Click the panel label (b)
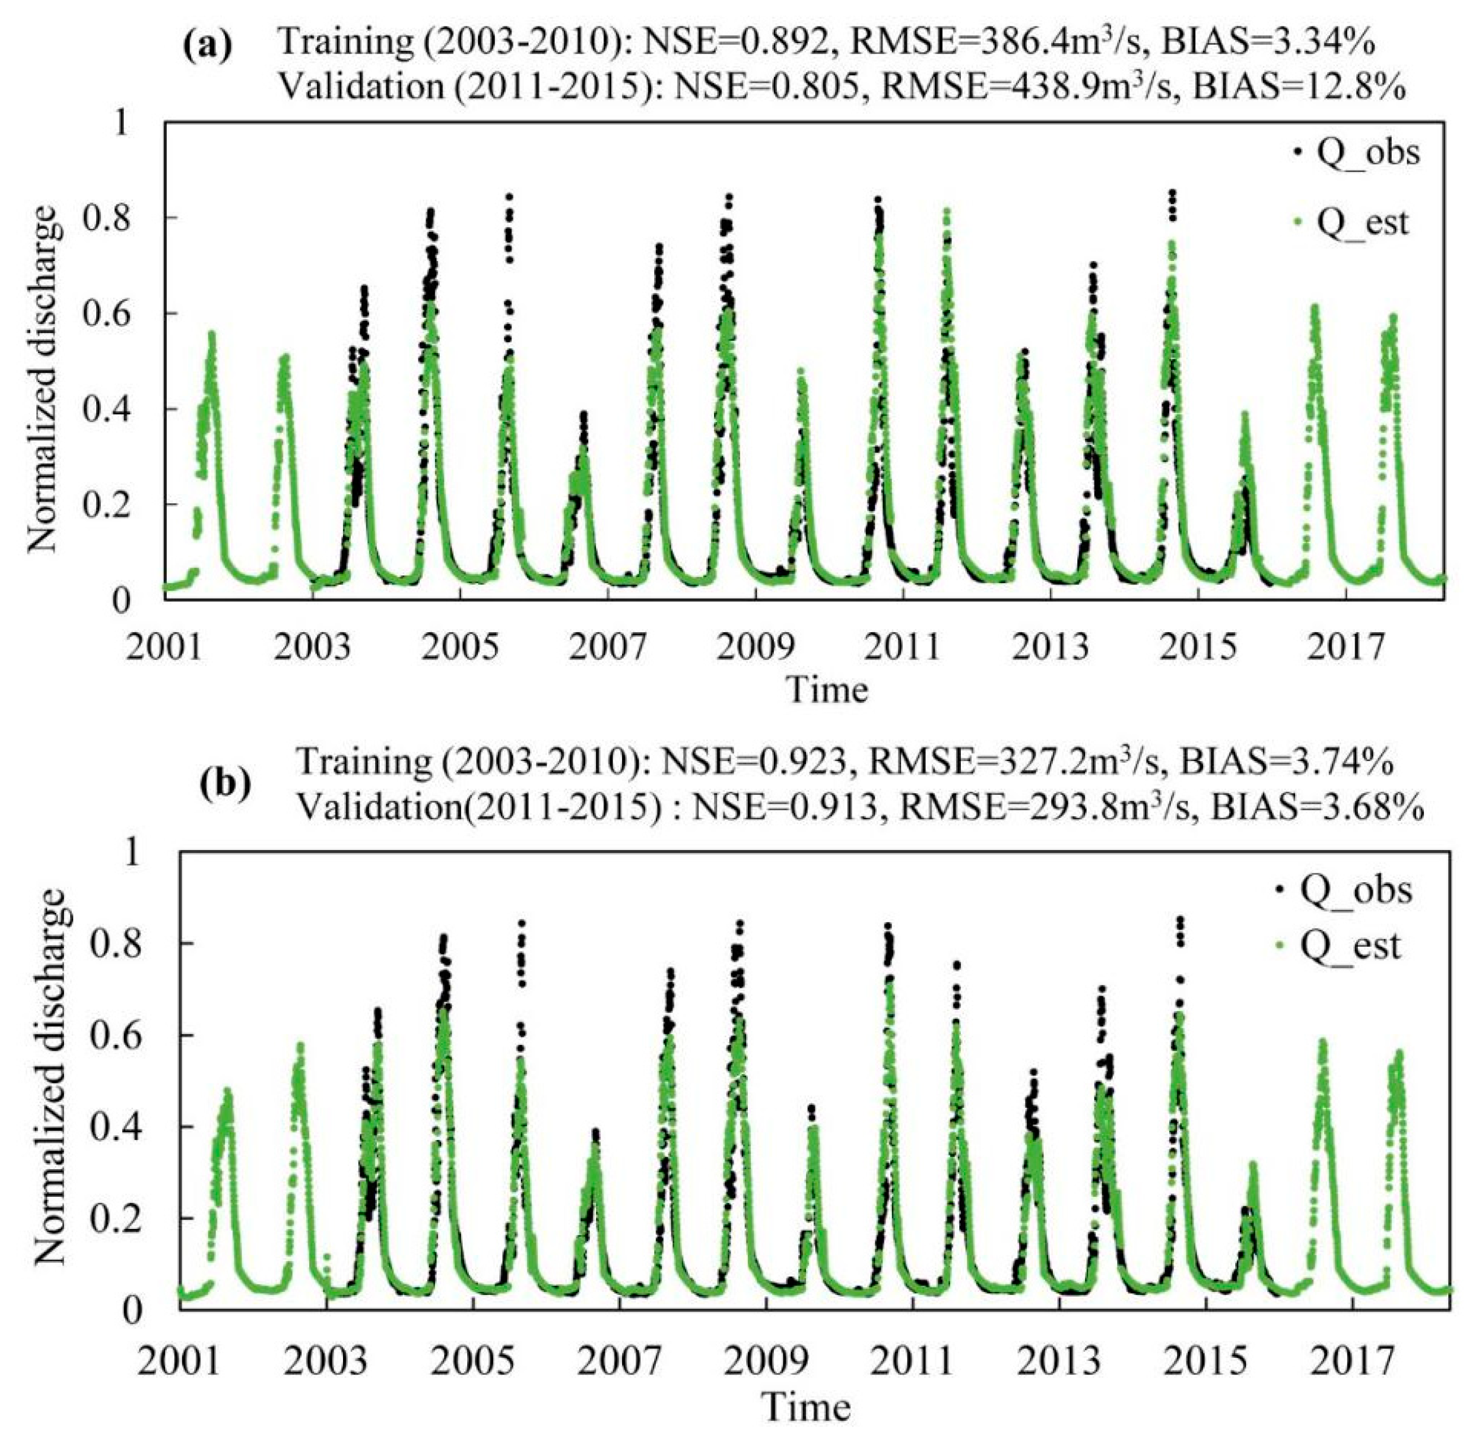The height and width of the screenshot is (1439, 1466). pyautogui.click(x=224, y=784)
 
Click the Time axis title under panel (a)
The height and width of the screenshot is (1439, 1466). pyautogui.click(x=827, y=689)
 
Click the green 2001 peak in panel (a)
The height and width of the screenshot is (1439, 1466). pyautogui.click(x=212, y=334)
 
